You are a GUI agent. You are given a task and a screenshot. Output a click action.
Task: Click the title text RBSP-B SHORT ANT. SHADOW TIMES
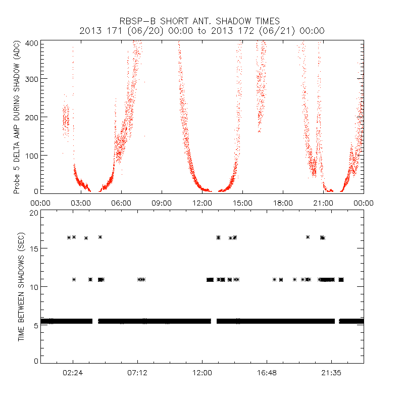click(202, 21)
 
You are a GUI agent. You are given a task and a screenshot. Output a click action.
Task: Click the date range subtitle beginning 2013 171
click(202, 31)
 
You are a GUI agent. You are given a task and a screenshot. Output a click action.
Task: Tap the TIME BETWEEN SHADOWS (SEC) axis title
click(21, 287)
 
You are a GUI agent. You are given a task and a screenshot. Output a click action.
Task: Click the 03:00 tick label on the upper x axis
click(81, 203)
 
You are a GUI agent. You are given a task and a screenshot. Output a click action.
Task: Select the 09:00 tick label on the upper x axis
click(162, 203)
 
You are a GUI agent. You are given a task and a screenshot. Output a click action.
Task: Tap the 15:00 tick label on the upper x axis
click(242, 203)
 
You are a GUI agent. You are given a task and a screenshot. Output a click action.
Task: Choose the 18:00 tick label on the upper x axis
click(283, 203)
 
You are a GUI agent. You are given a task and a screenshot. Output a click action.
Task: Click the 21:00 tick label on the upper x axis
click(323, 203)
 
